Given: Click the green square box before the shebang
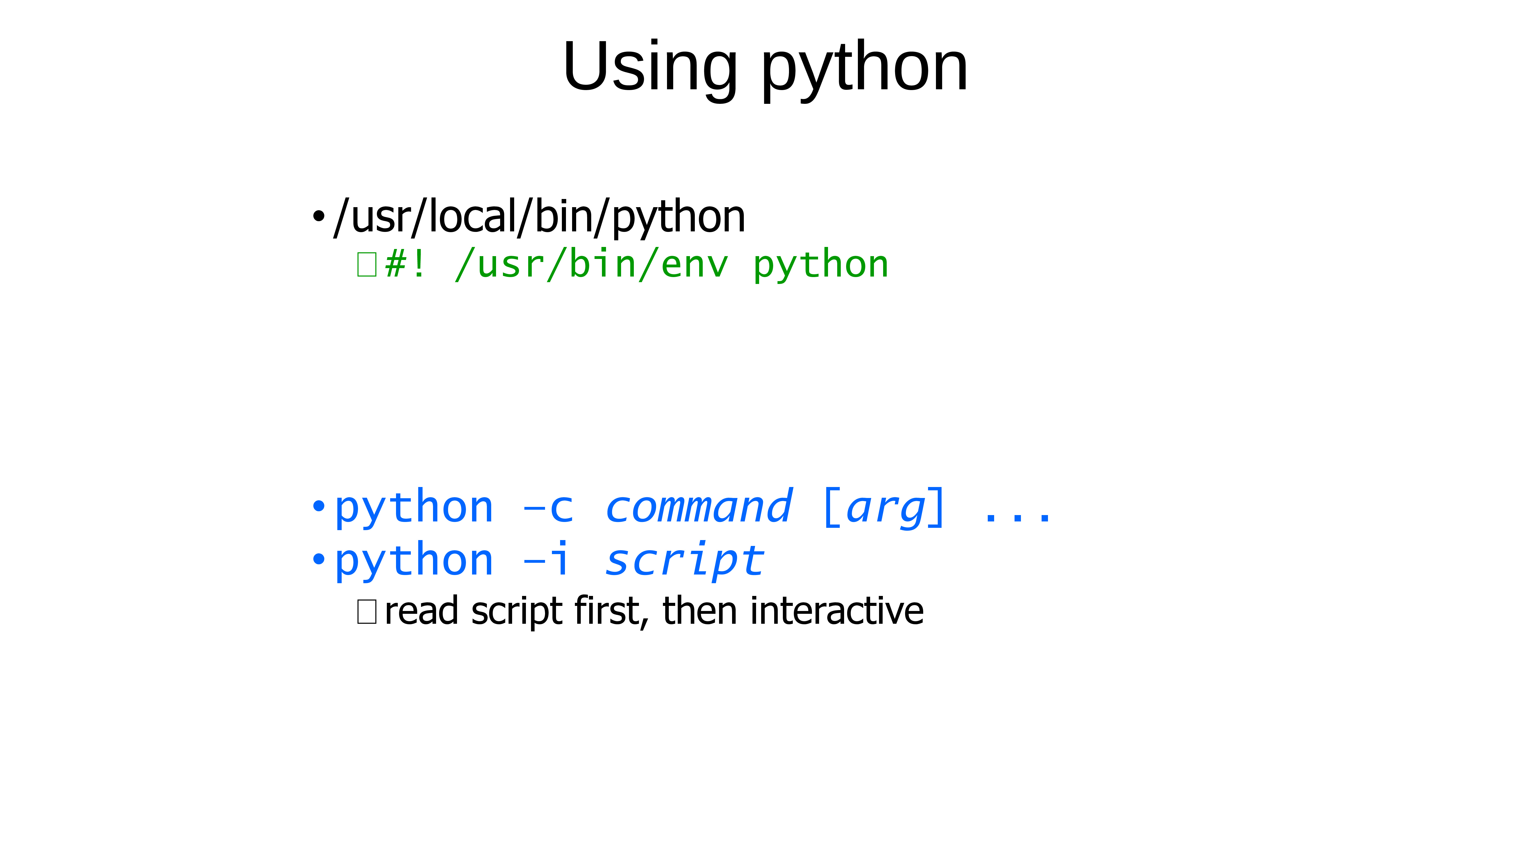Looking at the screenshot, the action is [x=367, y=264].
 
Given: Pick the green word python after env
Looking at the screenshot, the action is [x=821, y=266].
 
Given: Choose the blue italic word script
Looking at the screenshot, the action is [x=685, y=561].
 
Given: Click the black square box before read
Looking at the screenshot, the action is [x=367, y=612].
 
